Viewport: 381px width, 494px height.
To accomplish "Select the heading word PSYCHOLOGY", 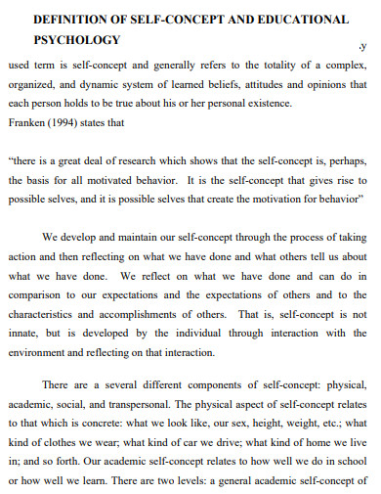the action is [77, 40].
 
